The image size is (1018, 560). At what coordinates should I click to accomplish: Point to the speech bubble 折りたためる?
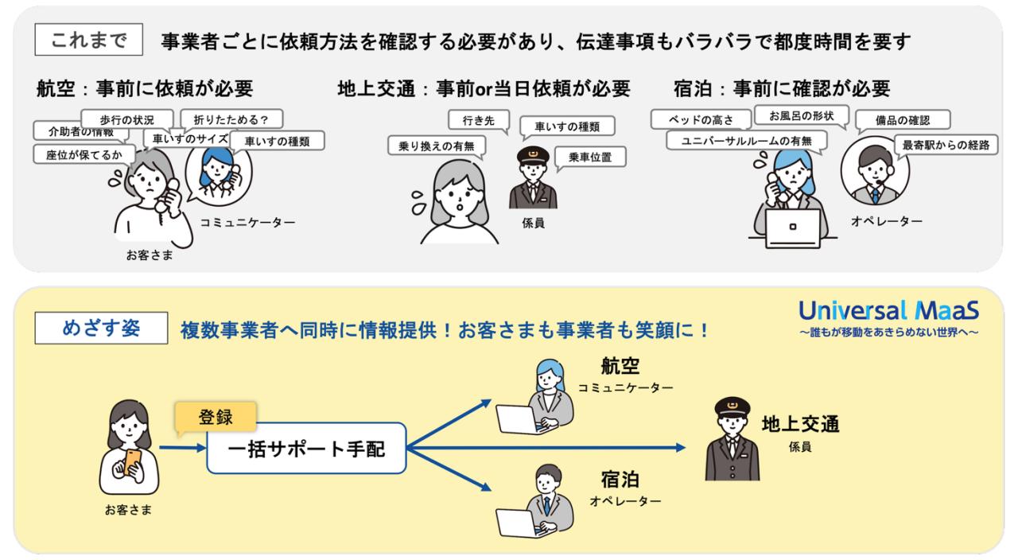225,119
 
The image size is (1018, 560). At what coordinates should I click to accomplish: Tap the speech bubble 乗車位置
589,156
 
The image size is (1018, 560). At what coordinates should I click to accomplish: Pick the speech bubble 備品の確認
903,120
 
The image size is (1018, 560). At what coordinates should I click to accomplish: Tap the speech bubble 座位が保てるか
78,154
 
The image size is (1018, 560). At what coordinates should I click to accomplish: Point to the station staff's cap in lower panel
732,408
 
